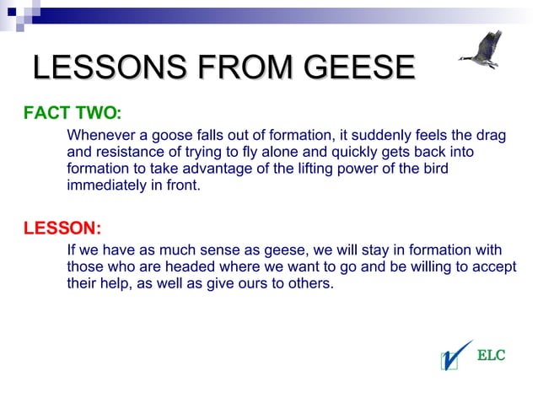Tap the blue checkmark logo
(455, 355)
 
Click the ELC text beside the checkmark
(492, 355)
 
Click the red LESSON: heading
(62, 228)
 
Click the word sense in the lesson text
(203, 250)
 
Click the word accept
(494, 266)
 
